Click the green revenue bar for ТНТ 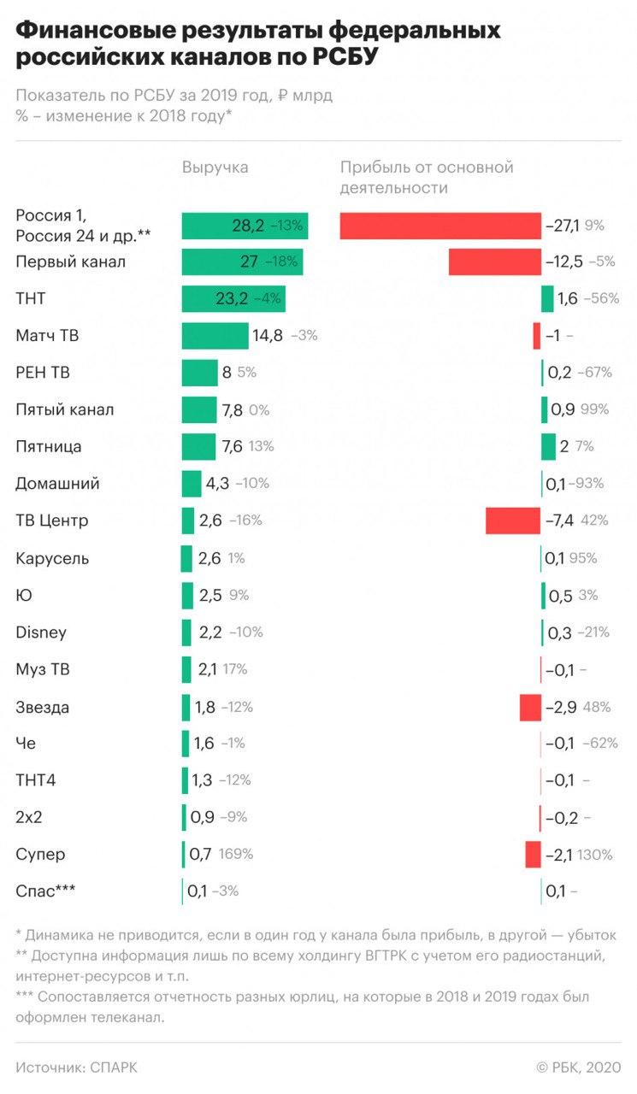click(233, 299)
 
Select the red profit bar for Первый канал click(494, 262)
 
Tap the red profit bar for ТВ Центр click(513, 521)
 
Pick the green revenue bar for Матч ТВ click(215, 336)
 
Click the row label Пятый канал click(64, 410)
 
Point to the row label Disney click(40, 632)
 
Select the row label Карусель click(52, 558)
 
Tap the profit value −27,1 click(563, 226)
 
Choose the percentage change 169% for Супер click(236, 854)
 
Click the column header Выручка click(215, 168)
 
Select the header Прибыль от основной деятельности click(426, 177)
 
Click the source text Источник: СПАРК click(76, 1068)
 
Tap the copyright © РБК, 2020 click(578, 1068)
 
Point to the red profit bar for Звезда click(530, 707)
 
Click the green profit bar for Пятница click(548, 447)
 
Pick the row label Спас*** click(44, 891)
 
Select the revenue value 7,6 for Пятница click(233, 447)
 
